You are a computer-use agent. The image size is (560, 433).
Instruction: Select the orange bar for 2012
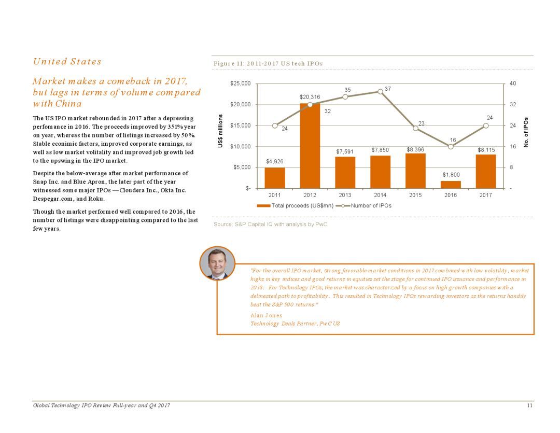310,146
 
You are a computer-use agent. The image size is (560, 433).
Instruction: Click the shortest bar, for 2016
451,185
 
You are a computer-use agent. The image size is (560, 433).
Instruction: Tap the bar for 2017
486,172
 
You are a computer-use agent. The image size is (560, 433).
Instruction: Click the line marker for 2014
381,91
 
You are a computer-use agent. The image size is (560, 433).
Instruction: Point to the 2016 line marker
451,146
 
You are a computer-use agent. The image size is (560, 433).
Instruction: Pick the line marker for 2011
275,126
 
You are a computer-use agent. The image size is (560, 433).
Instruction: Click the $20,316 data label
310,97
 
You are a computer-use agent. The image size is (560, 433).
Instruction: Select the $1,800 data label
451,175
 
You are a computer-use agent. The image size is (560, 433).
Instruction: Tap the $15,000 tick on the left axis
241,125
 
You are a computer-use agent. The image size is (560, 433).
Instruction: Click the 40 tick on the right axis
512,83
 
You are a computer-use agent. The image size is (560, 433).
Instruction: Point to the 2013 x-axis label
345,195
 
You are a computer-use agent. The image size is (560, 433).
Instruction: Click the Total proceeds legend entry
295,206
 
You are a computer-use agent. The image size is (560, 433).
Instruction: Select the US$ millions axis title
220,131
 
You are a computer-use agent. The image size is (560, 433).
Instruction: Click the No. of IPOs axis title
526,132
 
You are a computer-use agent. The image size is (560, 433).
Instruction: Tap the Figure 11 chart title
268,64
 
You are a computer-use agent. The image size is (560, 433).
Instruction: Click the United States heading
67,61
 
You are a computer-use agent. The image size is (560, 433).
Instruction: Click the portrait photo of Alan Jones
217,263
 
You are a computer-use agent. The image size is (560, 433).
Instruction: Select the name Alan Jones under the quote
266,315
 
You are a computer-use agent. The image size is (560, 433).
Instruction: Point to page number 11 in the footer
529,405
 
